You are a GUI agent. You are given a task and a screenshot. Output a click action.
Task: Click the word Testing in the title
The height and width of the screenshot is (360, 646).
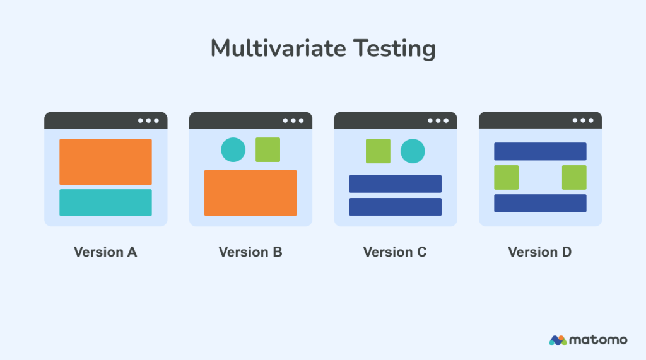pyautogui.click(x=397, y=49)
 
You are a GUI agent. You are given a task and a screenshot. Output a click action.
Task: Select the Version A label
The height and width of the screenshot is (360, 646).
pyautogui.click(x=105, y=252)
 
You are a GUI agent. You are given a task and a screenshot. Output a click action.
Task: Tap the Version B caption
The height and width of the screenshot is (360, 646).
pyautogui.click(x=250, y=252)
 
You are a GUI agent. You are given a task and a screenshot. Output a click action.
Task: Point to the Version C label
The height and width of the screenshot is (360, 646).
pyautogui.click(x=395, y=252)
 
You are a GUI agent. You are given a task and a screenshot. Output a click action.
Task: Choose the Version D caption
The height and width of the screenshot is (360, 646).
pyautogui.click(x=540, y=252)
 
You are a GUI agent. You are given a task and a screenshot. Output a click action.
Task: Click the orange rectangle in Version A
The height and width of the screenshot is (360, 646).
pyautogui.click(x=105, y=161)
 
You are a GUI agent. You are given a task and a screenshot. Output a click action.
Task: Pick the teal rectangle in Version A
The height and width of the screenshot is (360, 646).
pyautogui.click(x=105, y=202)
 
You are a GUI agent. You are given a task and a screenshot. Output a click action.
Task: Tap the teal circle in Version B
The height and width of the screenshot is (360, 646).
pyautogui.click(x=233, y=149)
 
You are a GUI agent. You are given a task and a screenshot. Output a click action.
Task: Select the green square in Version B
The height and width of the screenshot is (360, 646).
pyautogui.click(x=267, y=149)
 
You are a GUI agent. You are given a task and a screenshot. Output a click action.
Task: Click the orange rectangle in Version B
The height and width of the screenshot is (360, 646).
pyautogui.click(x=250, y=193)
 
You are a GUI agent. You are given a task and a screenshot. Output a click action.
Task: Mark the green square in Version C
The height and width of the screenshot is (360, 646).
pyautogui.click(x=378, y=151)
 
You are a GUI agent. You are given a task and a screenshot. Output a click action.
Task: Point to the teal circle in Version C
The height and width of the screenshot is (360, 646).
pyautogui.click(x=413, y=151)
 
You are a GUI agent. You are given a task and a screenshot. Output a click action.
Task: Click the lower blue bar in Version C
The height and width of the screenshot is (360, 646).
pyautogui.click(x=395, y=207)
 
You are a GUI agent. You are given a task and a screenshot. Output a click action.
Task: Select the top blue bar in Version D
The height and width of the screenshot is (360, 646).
pyautogui.click(x=540, y=151)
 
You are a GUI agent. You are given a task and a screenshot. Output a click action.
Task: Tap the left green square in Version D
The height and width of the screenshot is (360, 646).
pyautogui.click(x=506, y=177)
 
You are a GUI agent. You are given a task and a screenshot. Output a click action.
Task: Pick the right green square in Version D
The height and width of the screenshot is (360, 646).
pyautogui.click(x=574, y=177)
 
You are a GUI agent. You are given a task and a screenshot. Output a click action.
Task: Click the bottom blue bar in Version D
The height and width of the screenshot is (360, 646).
pyautogui.click(x=540, y=203)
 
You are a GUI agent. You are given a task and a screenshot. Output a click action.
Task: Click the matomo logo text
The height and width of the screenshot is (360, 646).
pyautogui.click(x=597, y=340)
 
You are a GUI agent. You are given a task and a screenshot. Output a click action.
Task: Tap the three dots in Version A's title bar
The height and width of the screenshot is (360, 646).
pyautogui.click(x=149, y=120)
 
